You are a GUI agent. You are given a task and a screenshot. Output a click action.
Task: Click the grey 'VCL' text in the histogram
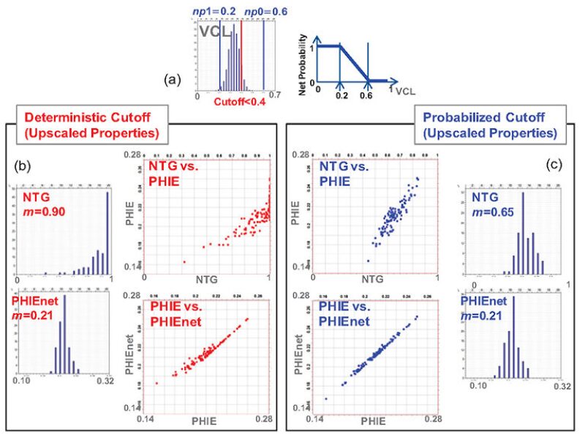[x=216, y=32]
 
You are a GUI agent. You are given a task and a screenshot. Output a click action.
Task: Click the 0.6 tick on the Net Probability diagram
[x=368, y=94]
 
